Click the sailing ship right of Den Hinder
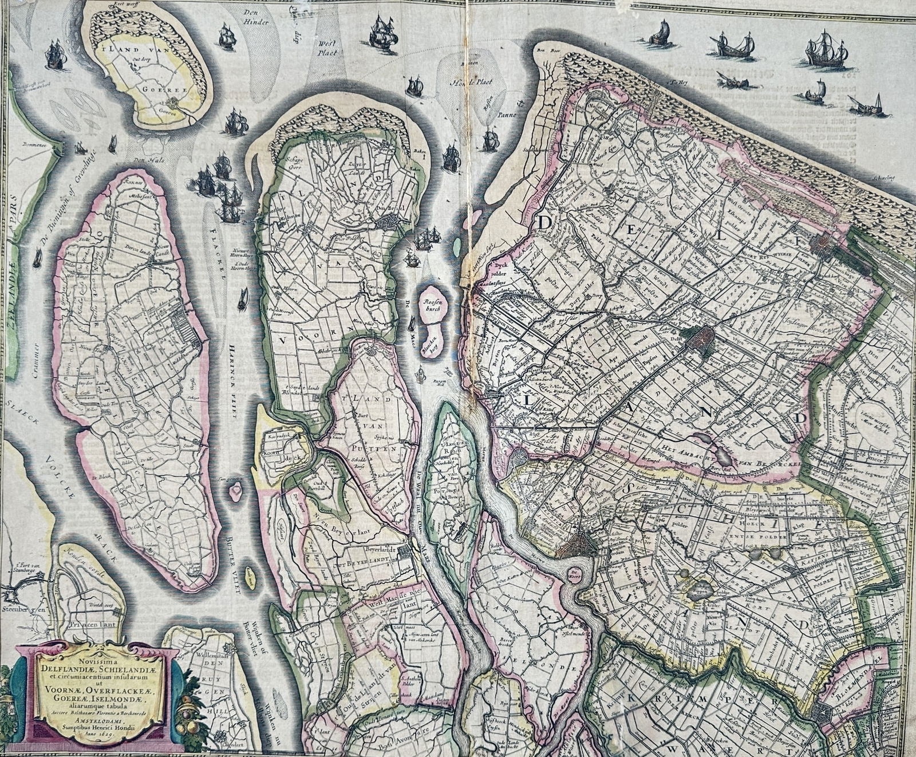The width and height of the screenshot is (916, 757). (x=383, y=33)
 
